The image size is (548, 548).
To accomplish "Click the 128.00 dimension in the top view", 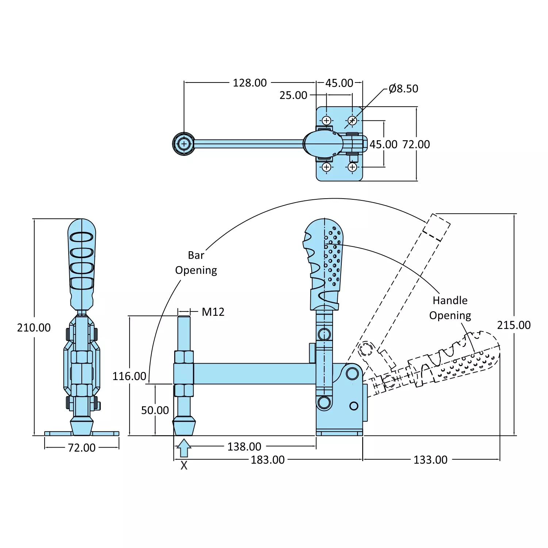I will point(250,83).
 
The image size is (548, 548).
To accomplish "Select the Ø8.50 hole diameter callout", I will point(403,89).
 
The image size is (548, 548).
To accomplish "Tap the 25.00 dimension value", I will point(293,95).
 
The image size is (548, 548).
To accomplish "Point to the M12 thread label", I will point(213,312).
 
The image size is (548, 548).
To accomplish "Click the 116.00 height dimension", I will point(129,376).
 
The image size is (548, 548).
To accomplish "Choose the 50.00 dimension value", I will point(155,410).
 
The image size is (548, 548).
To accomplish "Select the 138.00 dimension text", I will point(244,447).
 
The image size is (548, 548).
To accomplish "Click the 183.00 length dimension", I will point(268,460).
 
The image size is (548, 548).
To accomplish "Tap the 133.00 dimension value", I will point(430,460).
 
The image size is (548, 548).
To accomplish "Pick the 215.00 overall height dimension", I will point(514,325).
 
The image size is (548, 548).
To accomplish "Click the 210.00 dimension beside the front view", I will point(34,327).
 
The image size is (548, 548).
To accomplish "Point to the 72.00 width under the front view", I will point(81,448).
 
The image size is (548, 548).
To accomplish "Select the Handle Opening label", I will point(450,308).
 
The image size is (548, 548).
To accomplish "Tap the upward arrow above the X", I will point(184,448).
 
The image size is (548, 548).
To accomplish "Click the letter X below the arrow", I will point(184,465).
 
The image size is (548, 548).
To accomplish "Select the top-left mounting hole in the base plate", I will point(326,120).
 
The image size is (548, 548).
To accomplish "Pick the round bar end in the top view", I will point(184,144).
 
